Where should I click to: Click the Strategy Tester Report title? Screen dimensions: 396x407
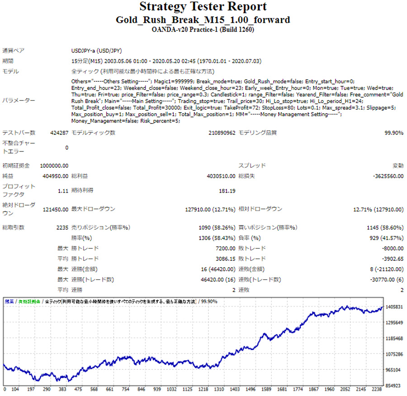click(x=203, y=7)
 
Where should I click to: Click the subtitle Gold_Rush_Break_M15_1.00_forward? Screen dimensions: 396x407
click(x=203, y=20)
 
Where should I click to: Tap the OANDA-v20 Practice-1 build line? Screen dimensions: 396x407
click(x=203, y=30)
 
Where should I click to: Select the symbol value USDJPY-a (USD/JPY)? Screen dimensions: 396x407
click(x=97, y=51)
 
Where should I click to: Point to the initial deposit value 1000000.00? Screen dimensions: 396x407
click(x=54, y=166)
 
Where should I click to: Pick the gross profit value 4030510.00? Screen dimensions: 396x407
click(x=219, y=176)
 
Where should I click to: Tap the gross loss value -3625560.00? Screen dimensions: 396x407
click(x=388, y=176)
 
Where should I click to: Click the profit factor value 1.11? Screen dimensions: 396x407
click(x=63, y=191)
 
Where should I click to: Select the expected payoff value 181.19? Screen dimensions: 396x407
click(x=227, y=191)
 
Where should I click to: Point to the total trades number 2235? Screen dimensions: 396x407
click(x=62, y=227)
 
